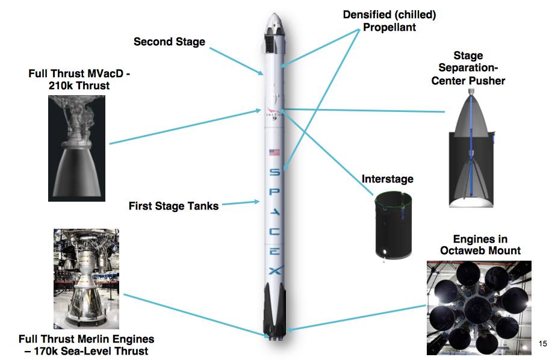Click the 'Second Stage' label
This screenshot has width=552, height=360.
[x=169, y=42]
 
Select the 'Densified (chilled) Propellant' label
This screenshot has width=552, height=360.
[x=389, y=20]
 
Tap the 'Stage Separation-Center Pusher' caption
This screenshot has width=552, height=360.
[x=468, y=68]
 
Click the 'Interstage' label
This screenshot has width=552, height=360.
[x=387, y=179]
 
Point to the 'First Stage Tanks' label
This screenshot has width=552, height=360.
[x=173, y=206]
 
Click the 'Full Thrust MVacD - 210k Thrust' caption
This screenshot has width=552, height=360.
[x=79, y=79]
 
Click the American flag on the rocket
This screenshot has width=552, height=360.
[x=274, y=152]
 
